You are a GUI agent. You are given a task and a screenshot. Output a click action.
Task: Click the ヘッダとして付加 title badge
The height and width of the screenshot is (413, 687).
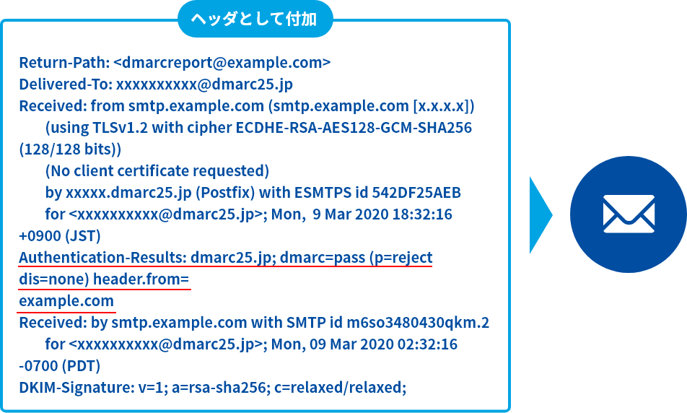tap(255, 19)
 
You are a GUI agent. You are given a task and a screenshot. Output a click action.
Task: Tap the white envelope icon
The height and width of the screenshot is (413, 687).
tap(629, 214)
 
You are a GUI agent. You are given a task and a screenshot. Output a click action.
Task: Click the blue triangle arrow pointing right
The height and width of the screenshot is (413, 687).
tap(541, 215)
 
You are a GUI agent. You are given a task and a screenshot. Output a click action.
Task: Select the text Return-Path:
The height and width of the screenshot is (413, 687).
tap(64, 63)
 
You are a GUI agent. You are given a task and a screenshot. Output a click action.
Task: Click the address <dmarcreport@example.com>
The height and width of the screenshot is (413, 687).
tap(222, 63)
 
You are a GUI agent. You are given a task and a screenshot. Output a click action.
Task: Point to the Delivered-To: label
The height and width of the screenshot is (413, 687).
tap(65, 84)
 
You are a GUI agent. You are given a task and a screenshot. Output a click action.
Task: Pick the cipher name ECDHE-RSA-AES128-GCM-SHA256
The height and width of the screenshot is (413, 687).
tap(354, 128)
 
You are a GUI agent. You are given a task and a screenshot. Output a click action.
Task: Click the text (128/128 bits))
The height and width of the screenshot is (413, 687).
tap(70, 149)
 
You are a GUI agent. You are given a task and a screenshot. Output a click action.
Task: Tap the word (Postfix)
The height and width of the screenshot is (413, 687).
tap(224, 193)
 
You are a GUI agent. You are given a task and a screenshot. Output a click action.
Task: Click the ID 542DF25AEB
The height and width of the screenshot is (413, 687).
tap(416, 193)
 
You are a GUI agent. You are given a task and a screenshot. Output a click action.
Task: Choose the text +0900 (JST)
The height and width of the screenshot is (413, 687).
tap(60, 236)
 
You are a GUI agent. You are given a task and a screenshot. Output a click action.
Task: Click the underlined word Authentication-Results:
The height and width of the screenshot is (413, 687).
tap(102, 257)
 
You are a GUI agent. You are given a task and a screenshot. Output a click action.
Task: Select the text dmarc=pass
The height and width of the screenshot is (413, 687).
tap(323, 257)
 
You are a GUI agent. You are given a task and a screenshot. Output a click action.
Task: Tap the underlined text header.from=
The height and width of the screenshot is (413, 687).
tap(141, 279)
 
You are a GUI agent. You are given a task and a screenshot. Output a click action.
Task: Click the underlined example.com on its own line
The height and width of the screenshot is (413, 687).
tap(66, 301)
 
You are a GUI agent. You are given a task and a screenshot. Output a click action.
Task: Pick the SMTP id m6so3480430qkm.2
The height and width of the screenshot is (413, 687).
tap(418, 322)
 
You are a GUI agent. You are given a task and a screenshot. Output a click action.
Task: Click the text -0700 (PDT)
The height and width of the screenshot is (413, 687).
tap(60, 365)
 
